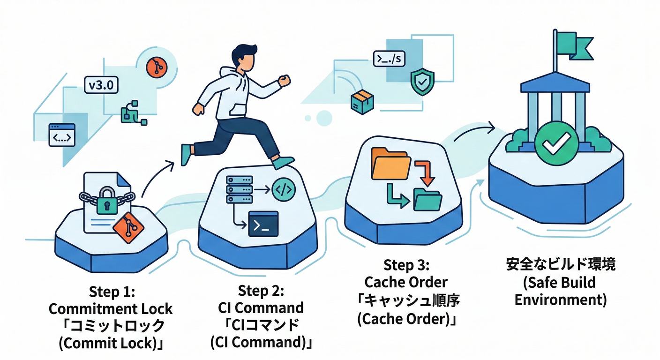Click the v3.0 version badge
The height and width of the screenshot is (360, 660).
[101, 85]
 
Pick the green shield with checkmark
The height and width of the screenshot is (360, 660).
[422, 82]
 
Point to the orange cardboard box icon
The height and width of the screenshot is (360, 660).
[361, 102]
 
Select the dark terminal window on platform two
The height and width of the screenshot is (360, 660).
[263, 224]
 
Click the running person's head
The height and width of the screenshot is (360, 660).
[245, 58]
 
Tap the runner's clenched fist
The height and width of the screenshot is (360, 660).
[284, 81]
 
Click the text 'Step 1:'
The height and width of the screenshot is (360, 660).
[112, 292]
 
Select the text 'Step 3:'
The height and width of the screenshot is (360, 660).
[406, 265]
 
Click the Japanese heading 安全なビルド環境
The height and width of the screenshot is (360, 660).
[561, 264]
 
